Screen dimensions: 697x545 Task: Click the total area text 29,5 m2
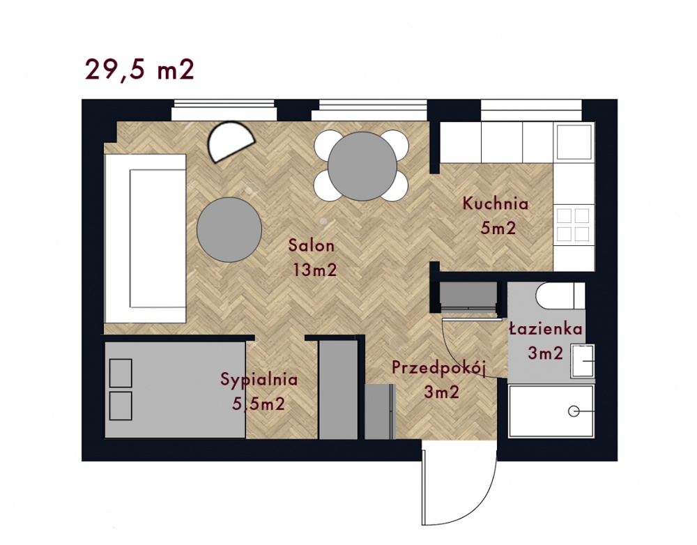point(139,70)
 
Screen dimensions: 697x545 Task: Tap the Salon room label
point(311,245)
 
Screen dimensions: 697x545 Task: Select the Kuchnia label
point(496,204)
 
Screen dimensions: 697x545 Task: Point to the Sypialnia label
point(259,380)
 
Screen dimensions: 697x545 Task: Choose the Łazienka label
point(546,329)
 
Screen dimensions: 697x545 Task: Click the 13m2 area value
point(315,270)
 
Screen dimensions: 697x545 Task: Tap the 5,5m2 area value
point(259,404)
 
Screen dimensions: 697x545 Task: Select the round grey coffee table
point(229,229)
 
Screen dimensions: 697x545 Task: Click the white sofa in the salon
point(145,238)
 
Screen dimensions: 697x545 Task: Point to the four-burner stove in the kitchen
point(574,224)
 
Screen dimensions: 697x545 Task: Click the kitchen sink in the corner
point(574,141)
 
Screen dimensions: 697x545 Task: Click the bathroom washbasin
point(583,361)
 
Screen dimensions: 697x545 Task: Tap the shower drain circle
point(574,412)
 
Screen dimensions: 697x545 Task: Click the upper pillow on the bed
point(121,373)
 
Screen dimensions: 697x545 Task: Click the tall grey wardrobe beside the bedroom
point(338,390)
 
